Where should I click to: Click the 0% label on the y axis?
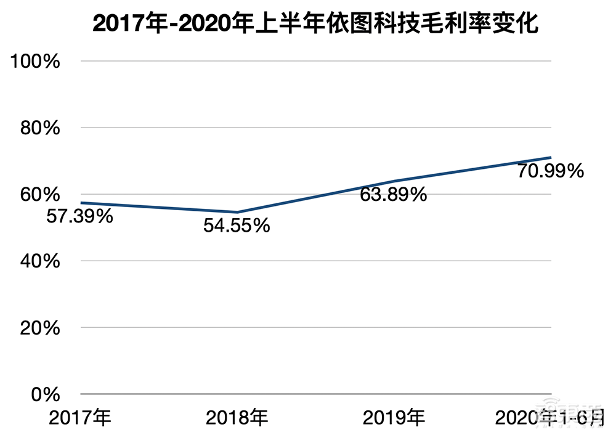click(47, 394)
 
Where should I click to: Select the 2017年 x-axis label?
click(81, 419)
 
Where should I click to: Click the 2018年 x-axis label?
click(237, 419)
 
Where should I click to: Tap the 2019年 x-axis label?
click(394, 419)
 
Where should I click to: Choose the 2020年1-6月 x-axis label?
click(550, 419)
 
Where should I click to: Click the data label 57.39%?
click(79, 216)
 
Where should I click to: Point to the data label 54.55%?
click(237, 226)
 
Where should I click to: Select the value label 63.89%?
click(394, 195)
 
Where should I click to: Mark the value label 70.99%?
click(550, 171)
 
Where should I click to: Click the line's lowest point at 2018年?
click(237, 212)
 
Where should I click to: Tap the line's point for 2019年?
click(394, 181)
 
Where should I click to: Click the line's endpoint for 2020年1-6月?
click(550, 158)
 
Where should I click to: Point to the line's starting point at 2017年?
click(81, 203)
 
